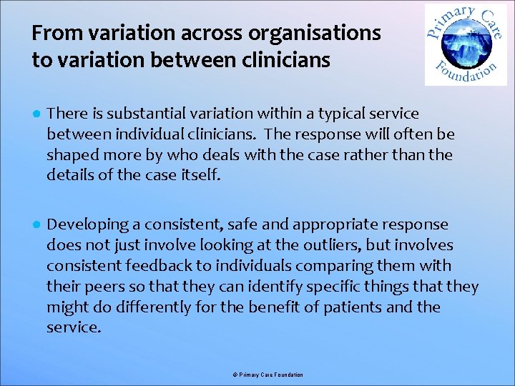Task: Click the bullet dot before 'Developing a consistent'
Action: pos(36,225)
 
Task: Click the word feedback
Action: pos(152,266)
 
